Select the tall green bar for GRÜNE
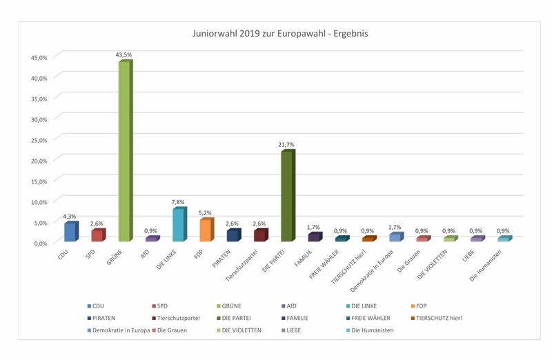point(124,152)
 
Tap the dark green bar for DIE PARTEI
point(287,197)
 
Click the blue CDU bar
point(70,232)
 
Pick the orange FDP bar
point(206,230)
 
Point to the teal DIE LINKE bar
point(178,226)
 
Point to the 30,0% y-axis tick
point(38,119)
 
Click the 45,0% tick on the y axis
point(38,57)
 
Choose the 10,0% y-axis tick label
point(38,201)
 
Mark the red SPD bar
point(97,236)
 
